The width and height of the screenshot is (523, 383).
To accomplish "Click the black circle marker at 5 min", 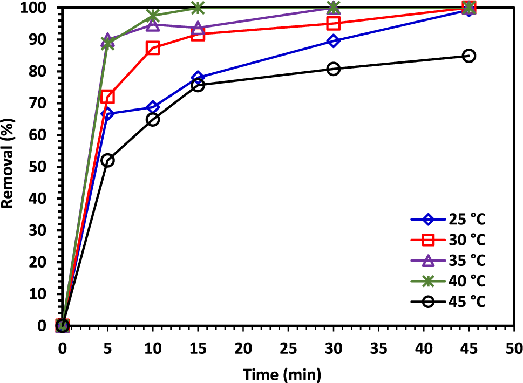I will (107, 160).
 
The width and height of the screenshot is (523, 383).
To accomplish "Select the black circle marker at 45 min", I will (469, 56).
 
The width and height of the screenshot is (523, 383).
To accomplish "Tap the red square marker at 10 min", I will (153, 48).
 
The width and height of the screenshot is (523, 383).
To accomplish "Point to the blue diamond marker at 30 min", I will (334, 41).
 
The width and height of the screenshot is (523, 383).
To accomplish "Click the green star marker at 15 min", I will (198, 8).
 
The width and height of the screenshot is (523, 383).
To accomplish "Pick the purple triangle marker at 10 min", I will (153, 25).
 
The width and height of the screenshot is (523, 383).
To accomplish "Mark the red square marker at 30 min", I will (334, 23).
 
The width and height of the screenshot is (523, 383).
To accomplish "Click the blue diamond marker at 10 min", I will (153, 107).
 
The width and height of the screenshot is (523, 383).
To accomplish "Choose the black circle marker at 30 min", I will (334, 69).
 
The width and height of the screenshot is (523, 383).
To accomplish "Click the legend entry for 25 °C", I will (448, 220).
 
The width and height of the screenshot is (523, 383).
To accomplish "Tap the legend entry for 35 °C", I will (448, 261).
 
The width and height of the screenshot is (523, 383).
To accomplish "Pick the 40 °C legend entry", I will (448, 281).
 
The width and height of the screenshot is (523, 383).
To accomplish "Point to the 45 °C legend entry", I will (448, 302).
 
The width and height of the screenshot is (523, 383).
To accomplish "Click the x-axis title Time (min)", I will (281, 373).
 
